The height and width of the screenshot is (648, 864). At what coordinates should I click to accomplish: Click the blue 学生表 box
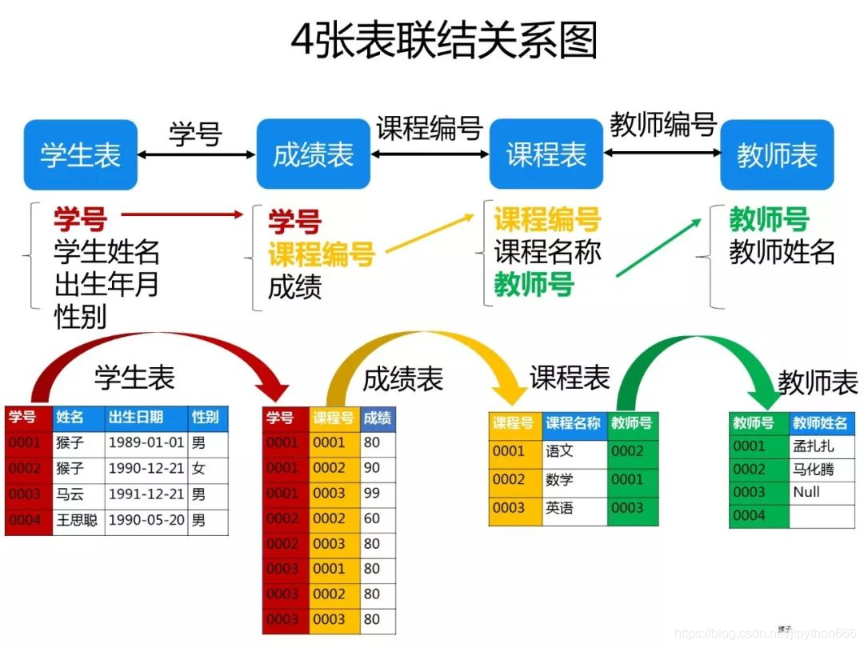pos(80,154)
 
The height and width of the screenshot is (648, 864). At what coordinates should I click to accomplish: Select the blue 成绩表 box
pos(313,154)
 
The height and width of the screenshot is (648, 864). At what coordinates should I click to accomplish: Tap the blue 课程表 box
pos(546,154)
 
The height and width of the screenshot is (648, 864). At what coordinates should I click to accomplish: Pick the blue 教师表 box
pos(777,154)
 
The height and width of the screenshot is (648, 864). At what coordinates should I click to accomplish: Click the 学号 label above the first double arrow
pos(194,134)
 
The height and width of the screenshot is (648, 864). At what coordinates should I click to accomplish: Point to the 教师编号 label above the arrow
pos(662,125)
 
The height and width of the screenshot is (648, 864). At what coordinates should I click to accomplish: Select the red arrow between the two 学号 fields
pos(182,214)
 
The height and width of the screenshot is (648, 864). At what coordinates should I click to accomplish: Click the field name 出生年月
pos(106,284)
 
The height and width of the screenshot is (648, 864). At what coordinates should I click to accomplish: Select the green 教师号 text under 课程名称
pos(534,284)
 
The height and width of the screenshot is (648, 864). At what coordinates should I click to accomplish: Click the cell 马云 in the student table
pos(70,494)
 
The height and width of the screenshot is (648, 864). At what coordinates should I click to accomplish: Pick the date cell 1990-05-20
pos(146,520)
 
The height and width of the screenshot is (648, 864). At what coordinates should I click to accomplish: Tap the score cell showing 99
pos(371,493)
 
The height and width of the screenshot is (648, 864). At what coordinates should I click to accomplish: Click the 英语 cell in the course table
pos(560,508)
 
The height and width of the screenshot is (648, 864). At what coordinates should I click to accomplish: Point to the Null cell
pos(806,492)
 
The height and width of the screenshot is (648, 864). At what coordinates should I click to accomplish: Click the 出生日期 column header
pos(136,417)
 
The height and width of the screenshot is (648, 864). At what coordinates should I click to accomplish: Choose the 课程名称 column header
pos(573,423)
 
